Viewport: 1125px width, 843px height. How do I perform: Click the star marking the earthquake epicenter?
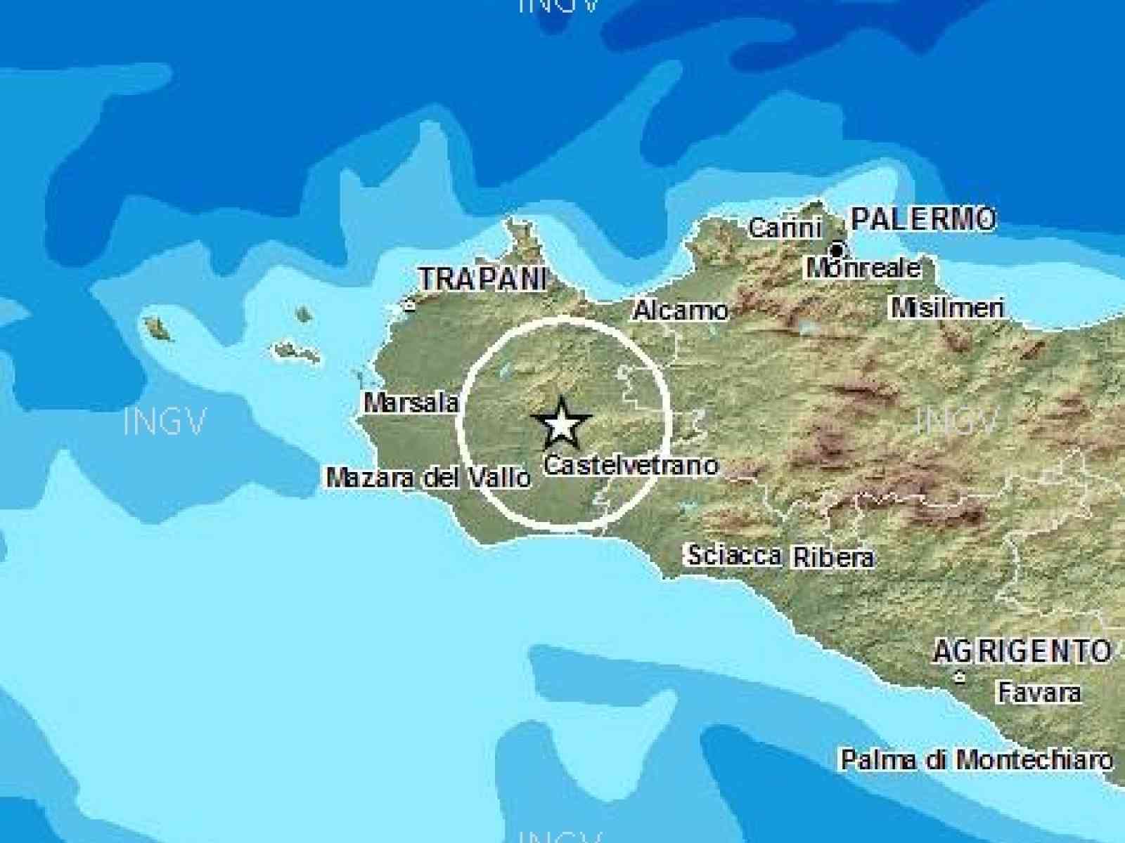(x=561, y=424)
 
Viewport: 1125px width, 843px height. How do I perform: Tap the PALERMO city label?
(x=922, y=219)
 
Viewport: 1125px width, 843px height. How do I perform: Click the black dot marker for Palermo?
(x=837, y=249)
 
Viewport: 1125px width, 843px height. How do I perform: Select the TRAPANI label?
(x=482, y=279)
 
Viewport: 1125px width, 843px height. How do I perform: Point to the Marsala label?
(x=411, y=403)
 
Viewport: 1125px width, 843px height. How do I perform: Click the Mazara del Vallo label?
(x=428, y=478)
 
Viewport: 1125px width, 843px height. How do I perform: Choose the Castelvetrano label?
(x=631, y=465)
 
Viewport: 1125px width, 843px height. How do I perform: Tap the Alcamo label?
(x=680, y=310)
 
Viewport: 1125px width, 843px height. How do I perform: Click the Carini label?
(x=784, y=228)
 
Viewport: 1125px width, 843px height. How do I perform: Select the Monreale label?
(x=863, y=268)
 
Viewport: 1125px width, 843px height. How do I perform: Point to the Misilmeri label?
(x=947, y=308)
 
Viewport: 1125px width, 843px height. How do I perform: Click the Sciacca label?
(x=734, y=556)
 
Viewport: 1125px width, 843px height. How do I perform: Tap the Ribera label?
(x=834, y=557)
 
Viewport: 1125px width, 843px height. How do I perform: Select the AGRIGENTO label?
(x=1022, y=652)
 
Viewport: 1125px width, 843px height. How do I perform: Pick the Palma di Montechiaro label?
(x=977, y=759)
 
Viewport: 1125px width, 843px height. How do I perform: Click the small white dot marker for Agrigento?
(x=958, y=677)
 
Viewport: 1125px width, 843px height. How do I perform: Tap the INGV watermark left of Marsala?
(x=165, y=422)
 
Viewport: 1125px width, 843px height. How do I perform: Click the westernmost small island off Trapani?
(x=157, y=328)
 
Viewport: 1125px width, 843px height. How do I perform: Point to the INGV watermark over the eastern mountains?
(x=958, y=421)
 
